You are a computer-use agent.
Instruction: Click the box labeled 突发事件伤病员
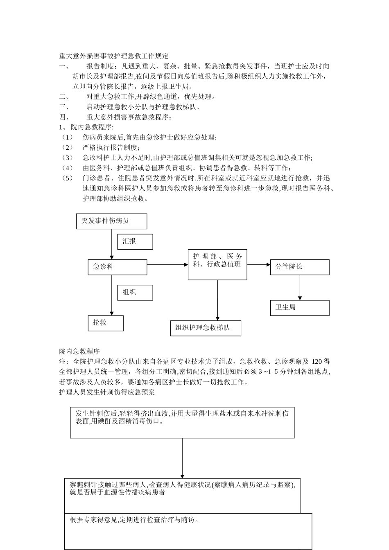[111, 221]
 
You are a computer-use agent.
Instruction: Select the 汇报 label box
[135, 241]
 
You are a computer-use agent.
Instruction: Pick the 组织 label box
[135, 292]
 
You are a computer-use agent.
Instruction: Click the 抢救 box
[105, 323]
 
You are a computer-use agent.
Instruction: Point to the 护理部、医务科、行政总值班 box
[217, 264]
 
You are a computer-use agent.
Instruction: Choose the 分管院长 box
[299, 267]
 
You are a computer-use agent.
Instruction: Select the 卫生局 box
[299, 308]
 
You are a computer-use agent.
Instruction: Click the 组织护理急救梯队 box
[205, 328]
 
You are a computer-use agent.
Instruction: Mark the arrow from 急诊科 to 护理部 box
[167, 264]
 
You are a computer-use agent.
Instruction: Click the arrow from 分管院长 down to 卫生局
[300, 287]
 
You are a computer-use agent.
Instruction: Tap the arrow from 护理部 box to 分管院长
[258, 265]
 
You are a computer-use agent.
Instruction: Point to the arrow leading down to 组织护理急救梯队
[217, 300]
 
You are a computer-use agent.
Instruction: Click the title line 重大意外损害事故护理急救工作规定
[113, 56]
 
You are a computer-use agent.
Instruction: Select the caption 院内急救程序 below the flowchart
[79, 351]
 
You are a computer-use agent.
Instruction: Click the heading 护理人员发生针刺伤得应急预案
[107, 392]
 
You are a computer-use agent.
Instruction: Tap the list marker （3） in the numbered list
[67, 158]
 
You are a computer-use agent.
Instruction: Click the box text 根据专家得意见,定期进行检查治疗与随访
[134, 520]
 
